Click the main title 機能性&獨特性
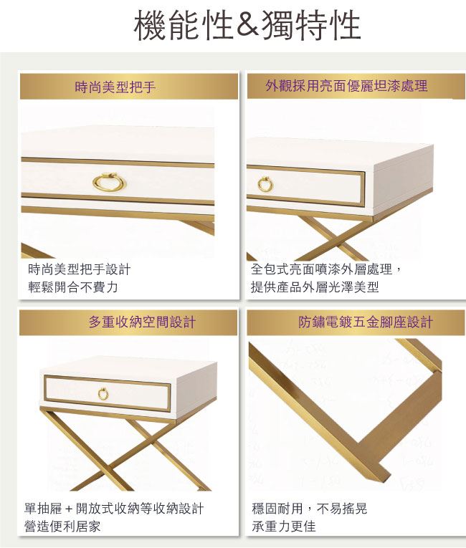click(247, 25)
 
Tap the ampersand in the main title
click(247, 25)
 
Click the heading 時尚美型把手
click(115, 87)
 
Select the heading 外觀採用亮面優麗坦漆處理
click(346, 86)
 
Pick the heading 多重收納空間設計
click(142, 322)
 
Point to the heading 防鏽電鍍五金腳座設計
click(366, 322)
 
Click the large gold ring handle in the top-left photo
click(109, 183)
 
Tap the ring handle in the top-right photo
click(265, 184)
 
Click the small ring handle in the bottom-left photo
click(103, 393)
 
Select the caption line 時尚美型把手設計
click(80, 269)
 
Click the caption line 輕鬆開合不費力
click(73, 287)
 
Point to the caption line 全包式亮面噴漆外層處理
click(322, 269)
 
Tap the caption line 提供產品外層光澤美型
click(315, 287)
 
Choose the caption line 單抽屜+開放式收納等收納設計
click(114, 509)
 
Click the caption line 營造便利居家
click(62, 526)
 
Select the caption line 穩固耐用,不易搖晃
click(309, 509)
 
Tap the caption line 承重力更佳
click(284, 526)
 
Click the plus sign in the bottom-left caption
click(69, 509)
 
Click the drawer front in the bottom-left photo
click(107, 393)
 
